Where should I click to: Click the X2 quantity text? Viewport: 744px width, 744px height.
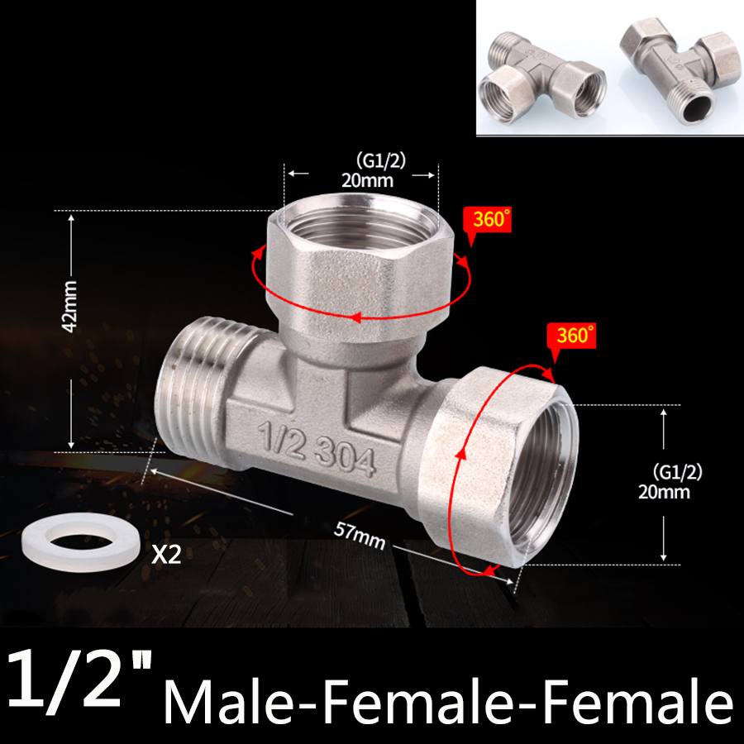point(165,554)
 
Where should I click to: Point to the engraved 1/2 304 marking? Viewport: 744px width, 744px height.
point(318,445)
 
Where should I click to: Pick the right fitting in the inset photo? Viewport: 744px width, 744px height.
point(678,70)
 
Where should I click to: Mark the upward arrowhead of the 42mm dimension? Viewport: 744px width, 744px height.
point(71,218)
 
